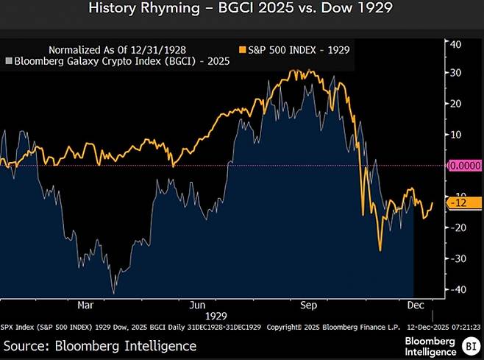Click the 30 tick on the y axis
pyautogui.click(x=455, y=73)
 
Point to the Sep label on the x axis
pyautogui.click(x=310, y=303)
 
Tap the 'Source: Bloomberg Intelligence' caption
pyautogui.click(x=100, y=345)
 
